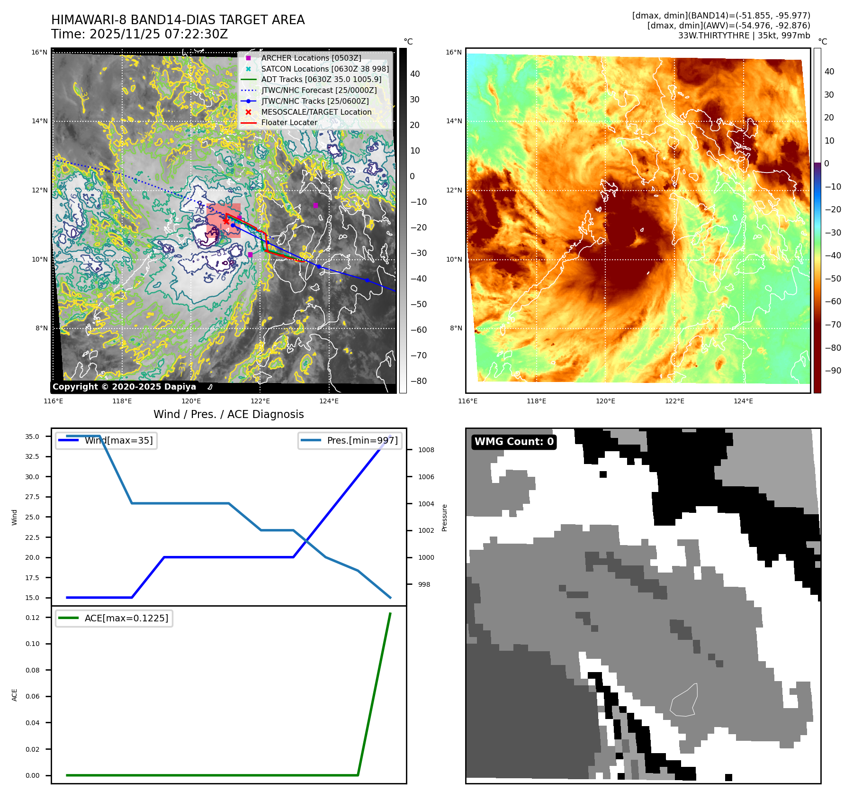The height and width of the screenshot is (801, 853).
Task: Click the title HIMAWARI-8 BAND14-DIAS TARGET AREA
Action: pyautogui.click(x=178, y=20)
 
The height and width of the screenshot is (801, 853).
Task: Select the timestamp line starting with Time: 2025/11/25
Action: pyautogui.click(x=140, y=34)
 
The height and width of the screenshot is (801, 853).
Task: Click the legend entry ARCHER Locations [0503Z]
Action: pyautogui.click(x=311, y=58)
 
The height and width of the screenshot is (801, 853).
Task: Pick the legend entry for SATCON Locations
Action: pyautogui.click(x=324, y=69)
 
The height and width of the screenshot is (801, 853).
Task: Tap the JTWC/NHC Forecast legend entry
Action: pyautogui.click(x=319, y=90)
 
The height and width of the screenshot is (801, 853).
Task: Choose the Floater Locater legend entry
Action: pyautogui.click(x=289, y=122)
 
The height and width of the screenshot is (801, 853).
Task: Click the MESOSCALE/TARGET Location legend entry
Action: pyautogui.click(x=316, y=112)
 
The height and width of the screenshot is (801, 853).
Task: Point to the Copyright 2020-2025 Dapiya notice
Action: pyautogui.click(x=124, y=387)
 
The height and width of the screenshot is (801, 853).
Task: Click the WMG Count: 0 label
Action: pyautogui.click(x=514, y=442)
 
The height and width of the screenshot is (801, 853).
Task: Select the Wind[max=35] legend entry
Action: pyautogui.click(x=118, y=440)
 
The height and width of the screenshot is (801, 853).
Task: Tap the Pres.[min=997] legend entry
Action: pyautogui.click(x=362, y=440)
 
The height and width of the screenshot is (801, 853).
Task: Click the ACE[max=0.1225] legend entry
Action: pyautogui.click(x=126, y=618)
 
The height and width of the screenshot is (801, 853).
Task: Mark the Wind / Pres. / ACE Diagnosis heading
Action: pyautogui.click(x=229, y=414)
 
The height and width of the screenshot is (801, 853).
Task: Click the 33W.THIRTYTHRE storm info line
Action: pyautogui.click(x=744, y=36)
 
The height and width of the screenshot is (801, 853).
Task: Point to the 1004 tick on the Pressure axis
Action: pyautogui.click(x=426, y=504)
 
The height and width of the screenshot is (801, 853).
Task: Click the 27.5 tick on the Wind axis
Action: pyautogui.click(x=32, y=497)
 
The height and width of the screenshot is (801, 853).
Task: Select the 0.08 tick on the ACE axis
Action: pyautogui.click(x=33, y=670)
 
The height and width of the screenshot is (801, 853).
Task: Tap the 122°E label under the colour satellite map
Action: pyautogui.click(x=674, y=401)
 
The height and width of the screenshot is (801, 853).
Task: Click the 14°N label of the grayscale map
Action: pyautogui.click(x=40, y=121)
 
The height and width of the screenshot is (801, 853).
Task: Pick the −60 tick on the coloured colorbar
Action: pyautogui.click(x=833, y=301)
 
